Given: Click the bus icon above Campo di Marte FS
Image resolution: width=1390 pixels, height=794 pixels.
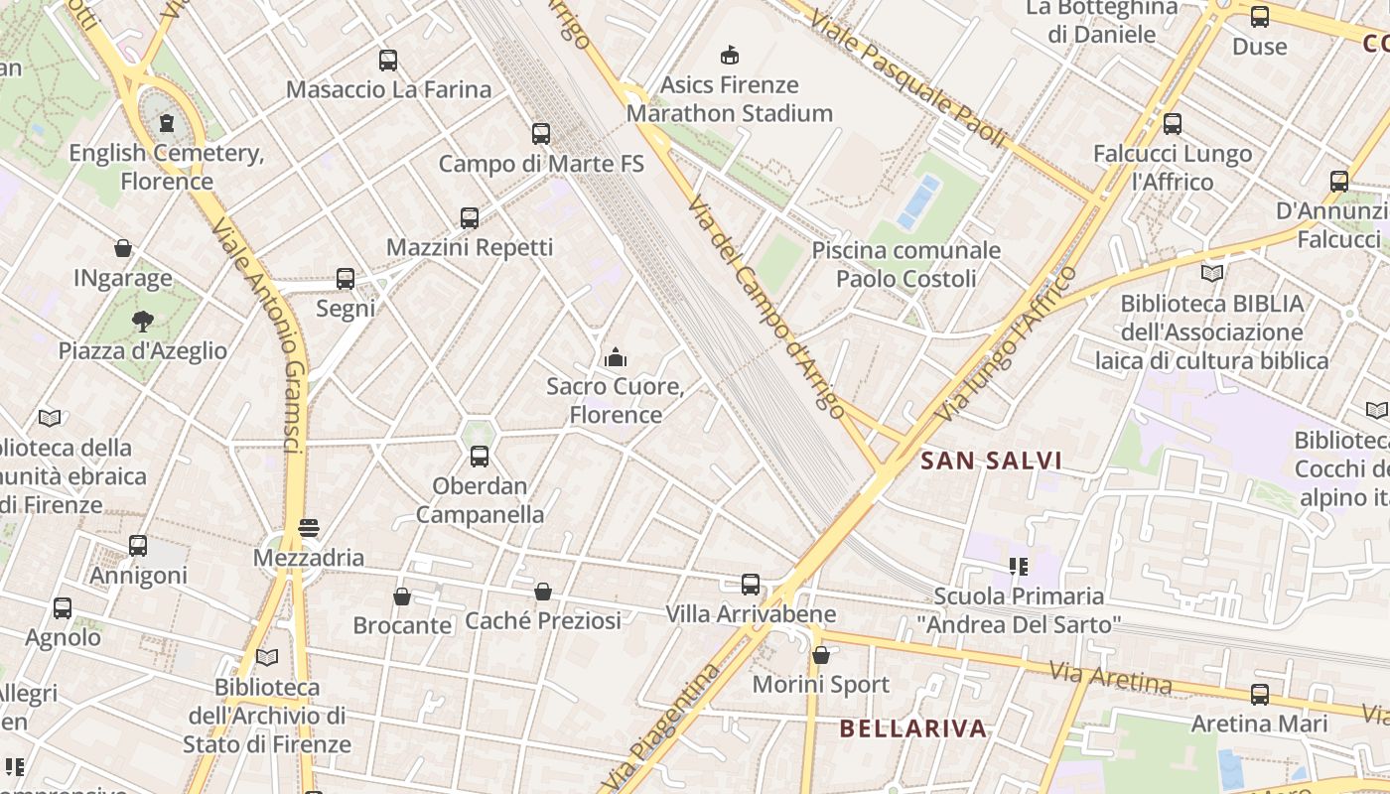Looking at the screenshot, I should (x=541, y=134).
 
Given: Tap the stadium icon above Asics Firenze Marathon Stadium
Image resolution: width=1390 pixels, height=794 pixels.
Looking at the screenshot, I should (x=730, y=55).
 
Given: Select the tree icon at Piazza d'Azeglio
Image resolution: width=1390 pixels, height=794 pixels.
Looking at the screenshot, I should (x=143, y=321).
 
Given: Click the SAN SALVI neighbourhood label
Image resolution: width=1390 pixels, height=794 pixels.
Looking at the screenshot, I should (x=991, y=461).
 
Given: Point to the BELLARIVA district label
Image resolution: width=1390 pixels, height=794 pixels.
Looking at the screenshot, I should (x=913, y=728).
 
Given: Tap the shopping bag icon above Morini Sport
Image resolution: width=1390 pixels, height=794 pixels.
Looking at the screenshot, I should (x=821, y=655).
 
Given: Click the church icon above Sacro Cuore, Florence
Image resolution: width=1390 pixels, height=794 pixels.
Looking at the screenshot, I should (x=616, y=356).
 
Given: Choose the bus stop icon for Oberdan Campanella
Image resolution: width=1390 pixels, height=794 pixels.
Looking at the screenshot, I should (x=480, y=457).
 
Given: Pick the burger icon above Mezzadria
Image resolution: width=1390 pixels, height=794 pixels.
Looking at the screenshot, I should (x=309, y=527).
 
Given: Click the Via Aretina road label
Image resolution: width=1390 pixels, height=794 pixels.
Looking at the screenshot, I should (x=1111, y=678).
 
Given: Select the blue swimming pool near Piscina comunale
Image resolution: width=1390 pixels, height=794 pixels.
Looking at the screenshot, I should (x=918, y=201).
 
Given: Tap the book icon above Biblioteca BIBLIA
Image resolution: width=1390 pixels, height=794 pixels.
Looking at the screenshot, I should (x=1212, y=273).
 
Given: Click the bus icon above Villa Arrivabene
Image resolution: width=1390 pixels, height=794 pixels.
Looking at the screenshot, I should (x=751, y=585).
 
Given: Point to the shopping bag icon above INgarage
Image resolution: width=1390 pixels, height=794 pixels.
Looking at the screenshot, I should (x=123, y=248).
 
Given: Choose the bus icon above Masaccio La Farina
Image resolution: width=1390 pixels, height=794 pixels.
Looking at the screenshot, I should (x=388, y=61).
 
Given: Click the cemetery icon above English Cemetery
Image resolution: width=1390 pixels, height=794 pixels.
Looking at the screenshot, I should (x=166, y=123).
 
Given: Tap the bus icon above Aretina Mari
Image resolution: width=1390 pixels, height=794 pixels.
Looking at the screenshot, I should (x=1260, y=694).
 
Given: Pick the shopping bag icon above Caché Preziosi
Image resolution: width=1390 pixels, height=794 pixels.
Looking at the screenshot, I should (x=543, y=592).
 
